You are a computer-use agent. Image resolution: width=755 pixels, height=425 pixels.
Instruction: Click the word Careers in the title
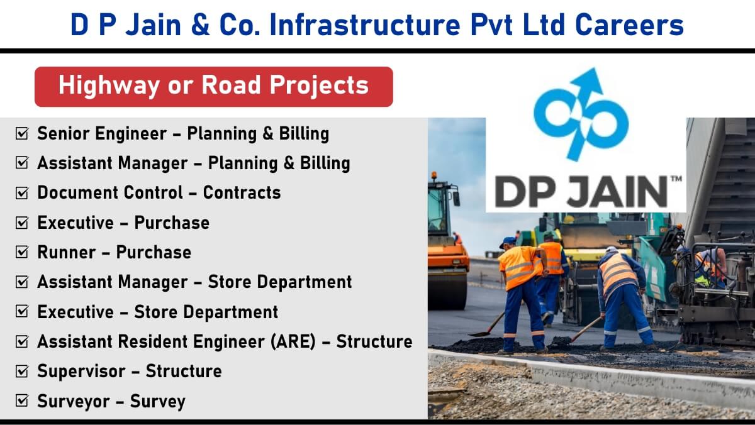tap(629, 25)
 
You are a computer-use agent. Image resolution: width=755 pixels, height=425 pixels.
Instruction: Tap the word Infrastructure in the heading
tap(365, 25)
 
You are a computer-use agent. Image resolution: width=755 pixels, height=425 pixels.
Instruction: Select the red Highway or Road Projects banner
tap(214, 87)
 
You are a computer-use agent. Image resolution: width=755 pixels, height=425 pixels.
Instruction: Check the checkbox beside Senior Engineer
tap(22, 133)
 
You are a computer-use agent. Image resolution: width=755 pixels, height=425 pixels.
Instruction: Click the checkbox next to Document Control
tap(22, 192)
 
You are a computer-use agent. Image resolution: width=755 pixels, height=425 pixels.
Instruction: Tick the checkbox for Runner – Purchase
tap(22, 252)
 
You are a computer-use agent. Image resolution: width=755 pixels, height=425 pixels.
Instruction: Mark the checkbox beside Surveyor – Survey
tap(22, 400)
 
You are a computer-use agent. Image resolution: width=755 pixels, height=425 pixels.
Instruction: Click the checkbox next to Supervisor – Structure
tap(22, 371)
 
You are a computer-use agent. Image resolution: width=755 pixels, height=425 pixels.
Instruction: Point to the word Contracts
tap(242, 192)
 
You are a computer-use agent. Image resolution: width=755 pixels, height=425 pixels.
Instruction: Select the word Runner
tap(67, 252)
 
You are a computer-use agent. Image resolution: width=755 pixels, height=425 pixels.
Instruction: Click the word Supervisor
tap(81, 372)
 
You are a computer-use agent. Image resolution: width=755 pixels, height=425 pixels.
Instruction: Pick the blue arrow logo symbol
tap(581, 114)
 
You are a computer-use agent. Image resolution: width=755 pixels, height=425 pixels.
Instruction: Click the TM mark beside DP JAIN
tap(676, 179)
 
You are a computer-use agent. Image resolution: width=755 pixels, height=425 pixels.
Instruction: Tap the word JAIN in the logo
tap(617, 192)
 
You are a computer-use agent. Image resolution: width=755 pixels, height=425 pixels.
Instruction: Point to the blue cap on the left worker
tap(508, 241)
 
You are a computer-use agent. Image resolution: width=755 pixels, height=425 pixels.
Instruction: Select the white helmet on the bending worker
tap(612, 250)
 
